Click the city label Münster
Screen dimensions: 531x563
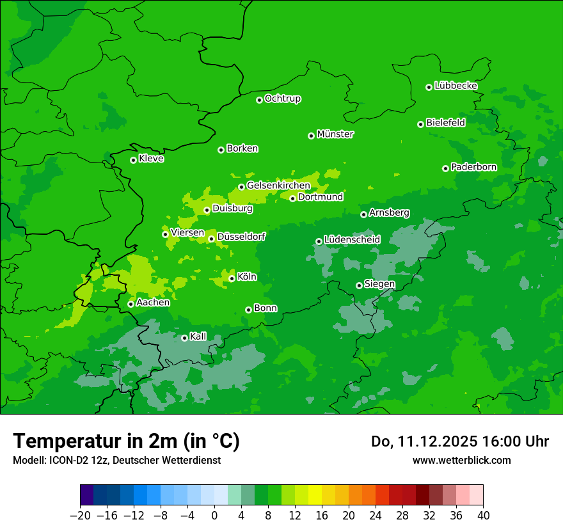coord(335,134)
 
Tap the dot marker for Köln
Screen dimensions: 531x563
coord(232,278)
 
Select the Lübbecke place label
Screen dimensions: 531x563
coord(456,86)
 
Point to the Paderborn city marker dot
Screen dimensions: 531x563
coord(445,168)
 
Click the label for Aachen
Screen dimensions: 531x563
coord(153,303)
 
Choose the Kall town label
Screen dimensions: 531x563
coord(198,337)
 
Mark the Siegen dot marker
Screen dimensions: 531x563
coord(359,285)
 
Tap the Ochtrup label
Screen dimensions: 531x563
coord(283,99)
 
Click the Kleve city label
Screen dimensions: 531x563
coord(151,159)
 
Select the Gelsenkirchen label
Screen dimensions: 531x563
coord(278,186)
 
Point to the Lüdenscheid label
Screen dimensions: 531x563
coord(352,240)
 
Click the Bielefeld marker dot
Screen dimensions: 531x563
coord(420,124)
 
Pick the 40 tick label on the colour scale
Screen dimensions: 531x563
coord(483,516)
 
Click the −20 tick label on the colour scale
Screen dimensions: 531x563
coord(80,516)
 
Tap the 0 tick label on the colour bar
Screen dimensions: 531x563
coord(214,516)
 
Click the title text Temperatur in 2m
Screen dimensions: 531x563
coord(126,441)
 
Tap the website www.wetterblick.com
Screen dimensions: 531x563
coord(461,460)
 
